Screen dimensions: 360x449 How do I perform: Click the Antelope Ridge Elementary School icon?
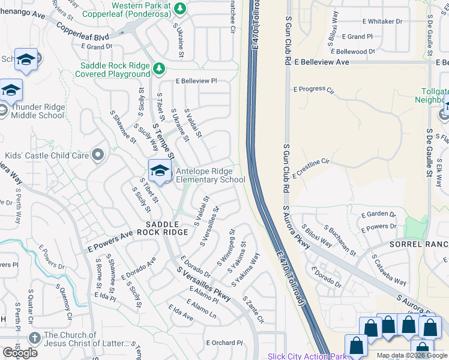[x=160, y=170]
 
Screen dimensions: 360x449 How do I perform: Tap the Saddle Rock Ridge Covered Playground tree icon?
[x=159, y=69]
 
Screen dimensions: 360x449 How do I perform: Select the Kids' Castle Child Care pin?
[x=98, y=155]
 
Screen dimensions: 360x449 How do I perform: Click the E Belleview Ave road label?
[x=322, y=62]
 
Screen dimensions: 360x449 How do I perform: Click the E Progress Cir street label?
[x=313, y=89]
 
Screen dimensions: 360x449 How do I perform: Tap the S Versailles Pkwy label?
[x=203, y=287]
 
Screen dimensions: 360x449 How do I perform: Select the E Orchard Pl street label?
[x=224, y=343]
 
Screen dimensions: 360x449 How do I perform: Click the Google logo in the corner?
[x=20, y=352]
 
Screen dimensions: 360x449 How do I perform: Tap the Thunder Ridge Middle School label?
[x=33, y=111]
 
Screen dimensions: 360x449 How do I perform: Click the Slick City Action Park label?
[x=307, y=356]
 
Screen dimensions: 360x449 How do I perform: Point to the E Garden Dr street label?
[x=378, y=214]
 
